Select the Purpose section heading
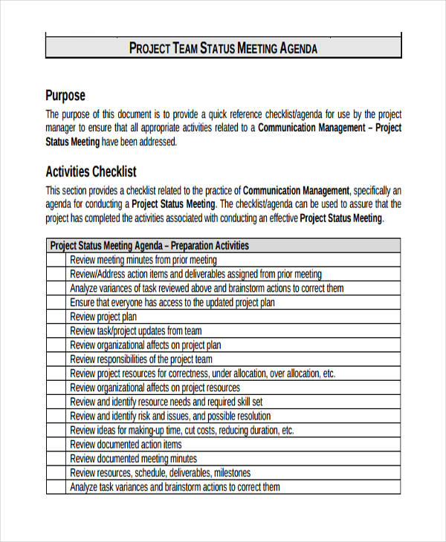click(x=65, y=95)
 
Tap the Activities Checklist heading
click(x=91, y=172)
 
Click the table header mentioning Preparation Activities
click(x=149, y=246)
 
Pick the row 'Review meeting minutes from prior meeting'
click(x=143, y=260)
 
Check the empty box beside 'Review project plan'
click(x=56, y=316)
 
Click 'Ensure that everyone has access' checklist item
click(x=172, y=302)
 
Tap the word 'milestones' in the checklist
click(x=233, y=473)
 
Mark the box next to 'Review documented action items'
click(x=56, y=445)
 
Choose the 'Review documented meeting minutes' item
click(x=134, y=459)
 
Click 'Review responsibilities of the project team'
click(x=141, y=359)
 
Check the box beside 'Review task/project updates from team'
click(x=56, y=331)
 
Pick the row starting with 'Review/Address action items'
click(x=196, y=274)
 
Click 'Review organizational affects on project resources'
click(x=155, y=388)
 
